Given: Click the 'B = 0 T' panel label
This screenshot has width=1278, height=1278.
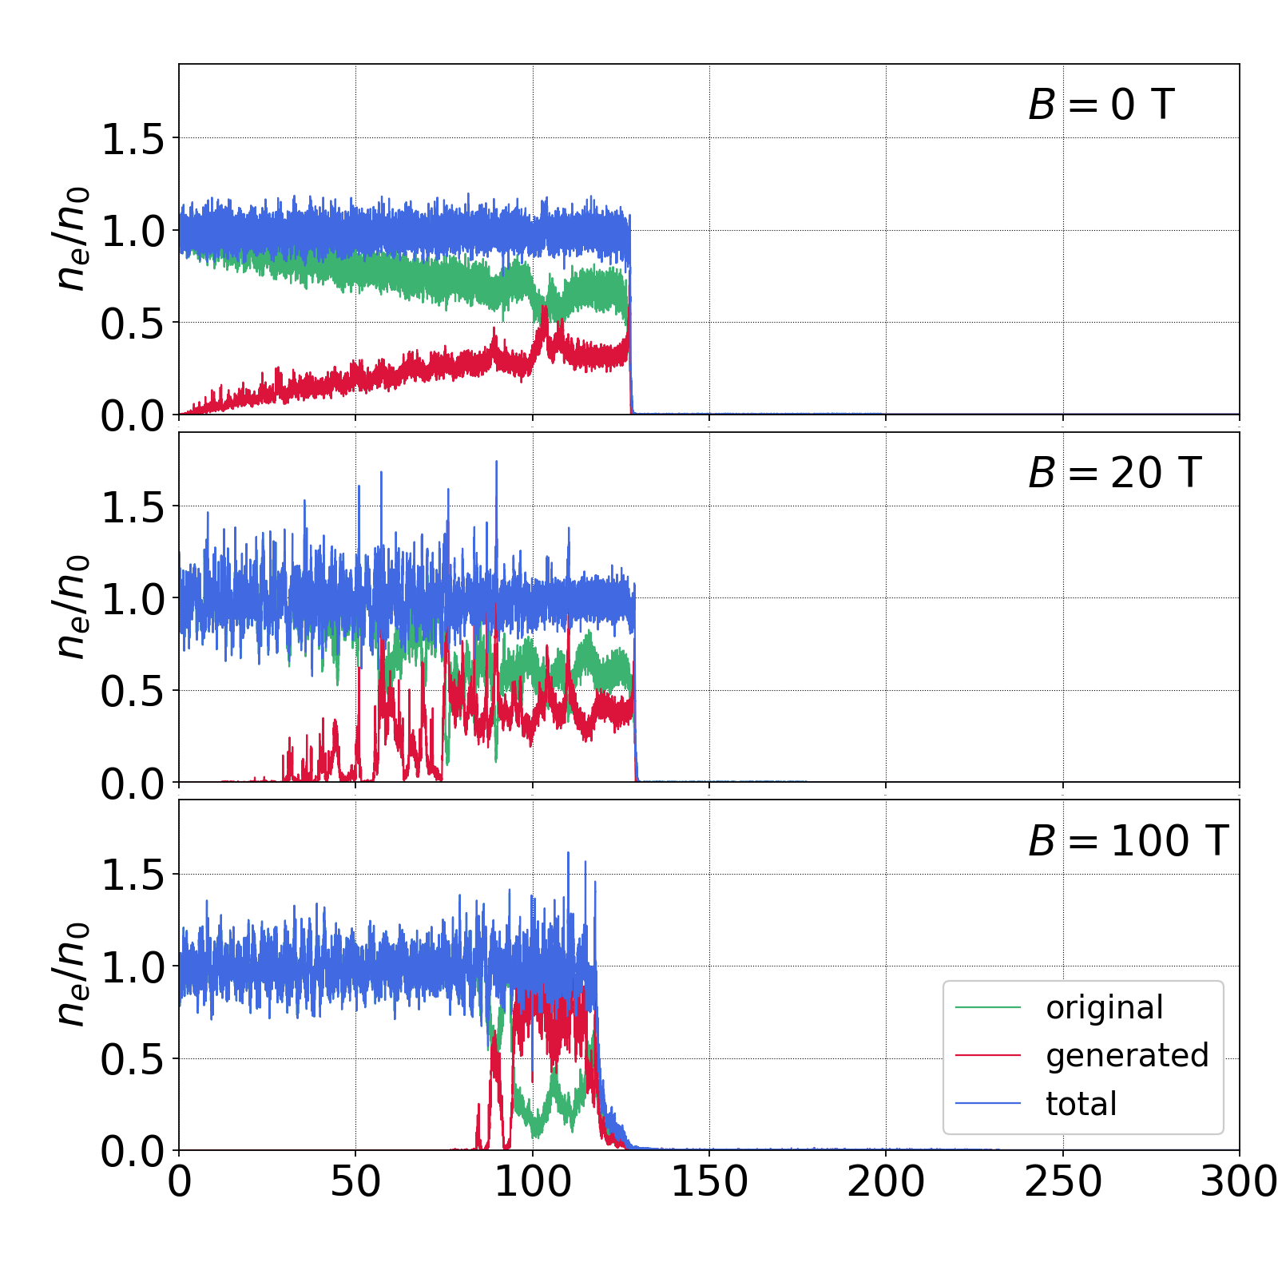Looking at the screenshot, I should click(x=1101, y=105).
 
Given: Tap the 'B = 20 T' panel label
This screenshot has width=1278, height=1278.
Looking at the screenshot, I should click(x=1114, y=473).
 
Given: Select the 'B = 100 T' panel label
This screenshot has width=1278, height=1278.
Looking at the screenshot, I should click(x=1127, y=841).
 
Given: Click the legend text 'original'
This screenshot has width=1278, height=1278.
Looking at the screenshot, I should click(x=1105, y=1008).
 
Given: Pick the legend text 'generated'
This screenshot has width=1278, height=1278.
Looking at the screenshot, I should click(x=1127, y=1056).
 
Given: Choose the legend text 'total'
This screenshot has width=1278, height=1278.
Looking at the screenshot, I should click(x=1081, y=1104).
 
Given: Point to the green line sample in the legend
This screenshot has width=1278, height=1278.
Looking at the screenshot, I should click(x=988, y=1008).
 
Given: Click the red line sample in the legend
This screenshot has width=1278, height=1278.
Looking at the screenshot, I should click(x=988, y=1056).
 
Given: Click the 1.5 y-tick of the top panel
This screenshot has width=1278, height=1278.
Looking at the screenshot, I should click(x=132, y=140).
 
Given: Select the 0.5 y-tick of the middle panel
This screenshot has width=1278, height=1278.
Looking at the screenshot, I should click(x=132, y=693).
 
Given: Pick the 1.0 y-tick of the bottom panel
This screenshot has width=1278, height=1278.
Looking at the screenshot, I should click(x=132, y=968).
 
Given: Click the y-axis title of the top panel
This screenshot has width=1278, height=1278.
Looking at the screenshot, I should click(x=70, y=238).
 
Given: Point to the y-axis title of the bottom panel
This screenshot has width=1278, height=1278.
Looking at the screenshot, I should click(x=70, y=974).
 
